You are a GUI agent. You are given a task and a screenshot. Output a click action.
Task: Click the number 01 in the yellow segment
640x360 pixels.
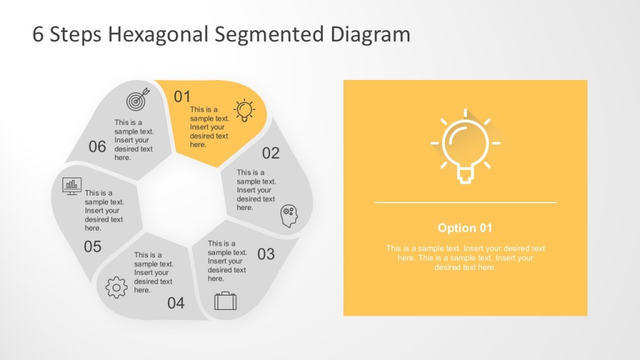[182, 97]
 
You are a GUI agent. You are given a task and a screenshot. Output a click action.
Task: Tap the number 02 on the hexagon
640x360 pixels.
[271, 153]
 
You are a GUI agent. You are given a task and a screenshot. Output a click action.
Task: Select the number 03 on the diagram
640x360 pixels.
[266, 254]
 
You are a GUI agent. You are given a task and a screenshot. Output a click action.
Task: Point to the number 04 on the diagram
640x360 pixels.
[176, 304]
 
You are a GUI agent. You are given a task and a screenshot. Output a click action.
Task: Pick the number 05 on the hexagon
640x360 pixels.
[92, 247]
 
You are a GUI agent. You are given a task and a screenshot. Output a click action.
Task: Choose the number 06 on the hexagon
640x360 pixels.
[97, 147]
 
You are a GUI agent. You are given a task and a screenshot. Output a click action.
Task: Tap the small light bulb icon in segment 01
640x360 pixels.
[244, 109]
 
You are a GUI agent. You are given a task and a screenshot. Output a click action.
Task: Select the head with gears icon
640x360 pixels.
[289, 215]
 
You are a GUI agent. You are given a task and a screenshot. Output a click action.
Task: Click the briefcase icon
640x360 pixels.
[225, 301]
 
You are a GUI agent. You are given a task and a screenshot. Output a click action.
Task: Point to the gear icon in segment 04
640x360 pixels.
[116, 287]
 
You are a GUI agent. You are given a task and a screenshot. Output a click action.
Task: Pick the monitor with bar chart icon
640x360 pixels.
[72, 186]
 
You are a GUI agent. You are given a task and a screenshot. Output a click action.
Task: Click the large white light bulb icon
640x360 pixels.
[465, 146]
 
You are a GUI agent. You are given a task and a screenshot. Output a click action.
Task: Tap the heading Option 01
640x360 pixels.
[465, 227]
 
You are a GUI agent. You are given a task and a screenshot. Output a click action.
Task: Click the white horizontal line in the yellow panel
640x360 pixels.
[465, 202]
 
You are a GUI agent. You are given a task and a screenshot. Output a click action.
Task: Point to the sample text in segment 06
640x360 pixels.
[134, 140]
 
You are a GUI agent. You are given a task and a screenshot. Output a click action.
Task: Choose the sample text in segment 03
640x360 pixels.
[227, 261]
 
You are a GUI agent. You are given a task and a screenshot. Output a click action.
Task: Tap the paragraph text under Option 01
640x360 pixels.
[465, 257]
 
